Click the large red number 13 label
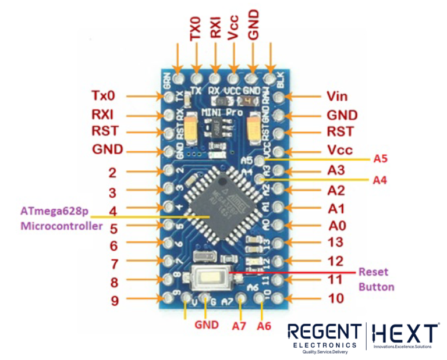point(336,242)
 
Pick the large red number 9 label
point(114,301)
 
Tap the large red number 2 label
point(114,172)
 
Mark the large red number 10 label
point(336,298)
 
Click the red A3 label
point(336,170)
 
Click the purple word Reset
point(372,272)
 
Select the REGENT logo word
point(324,333)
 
